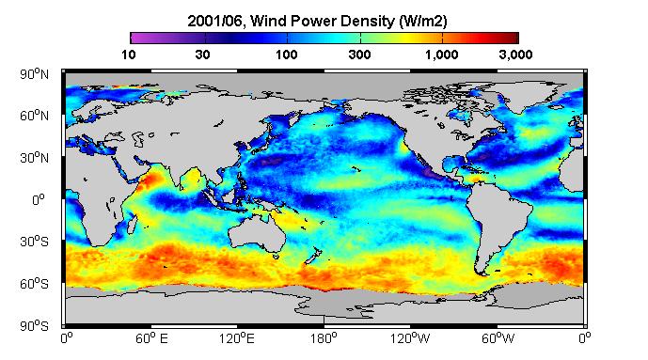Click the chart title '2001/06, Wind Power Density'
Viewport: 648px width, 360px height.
pyautogui.click(x=291, y=21)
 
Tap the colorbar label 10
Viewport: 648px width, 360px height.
pyautogui.click(x=129, y=55)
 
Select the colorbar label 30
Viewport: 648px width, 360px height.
pyautogui.click(x=202, y=55)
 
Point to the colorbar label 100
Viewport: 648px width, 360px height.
pyautogui.click(x=287, y=55)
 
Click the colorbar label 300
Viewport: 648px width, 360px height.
pyautogui.click(x=359, y=55)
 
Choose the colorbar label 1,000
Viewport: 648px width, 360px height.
pyautogui.click(x=442, y=55)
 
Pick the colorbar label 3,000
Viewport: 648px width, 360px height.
pyautogui.click(x=515, y=55)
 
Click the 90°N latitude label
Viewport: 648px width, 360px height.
pyautogui.click(x=34, y=74)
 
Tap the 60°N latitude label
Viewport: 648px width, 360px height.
pyautogui.click(x=34, y=116)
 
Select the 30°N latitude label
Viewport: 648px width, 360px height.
pyautogui.click(x=34, y=158)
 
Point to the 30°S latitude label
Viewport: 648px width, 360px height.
pyautogui.click(x=34, y=242)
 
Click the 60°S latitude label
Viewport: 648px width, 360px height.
pyautogui.click(x=34, y=284)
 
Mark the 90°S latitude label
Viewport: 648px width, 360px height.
pyautogui.click(x=34, y=326)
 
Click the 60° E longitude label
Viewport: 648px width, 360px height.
pyautogui.click(x=151, y=339)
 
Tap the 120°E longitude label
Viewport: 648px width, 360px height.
pyautogui.click(x=237, y=339)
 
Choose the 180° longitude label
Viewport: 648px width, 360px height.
pyautogui.click(x=324, y=339)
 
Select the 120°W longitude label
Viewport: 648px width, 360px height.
pyautogui.click(x=410, y=339)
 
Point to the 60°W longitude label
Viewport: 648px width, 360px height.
pyautogui.click(x=498, y=339)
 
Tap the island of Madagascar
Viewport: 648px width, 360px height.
pyautogui.click(x=132, y=224)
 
